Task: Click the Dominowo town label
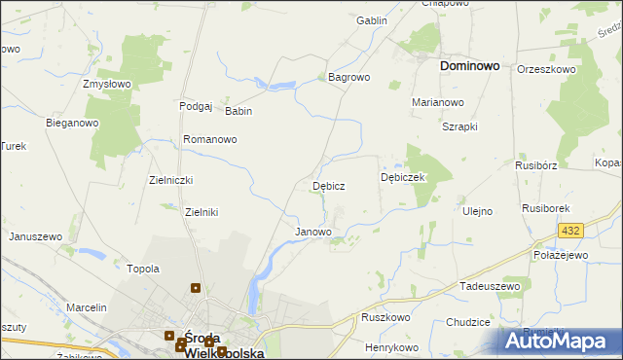tap(470, 66)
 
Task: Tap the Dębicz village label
tap(328, 185)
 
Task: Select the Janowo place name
tap(313, 233)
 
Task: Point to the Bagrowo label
tap(348, 76)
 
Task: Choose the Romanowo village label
tap(210, 140)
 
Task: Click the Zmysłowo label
tap(107, 85)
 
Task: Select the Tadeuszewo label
tap(491, 287)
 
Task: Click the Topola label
tap(143, 269)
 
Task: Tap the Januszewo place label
tap(36, 236)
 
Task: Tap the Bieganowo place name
tap(73, 124)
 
